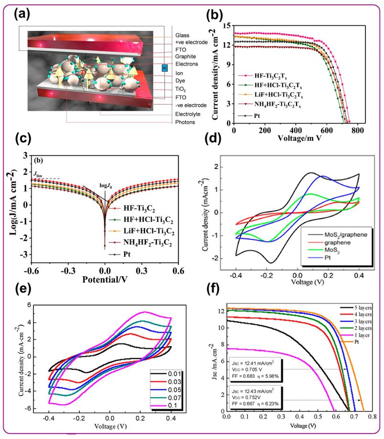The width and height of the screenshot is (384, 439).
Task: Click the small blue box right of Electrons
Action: pos(164,68)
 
